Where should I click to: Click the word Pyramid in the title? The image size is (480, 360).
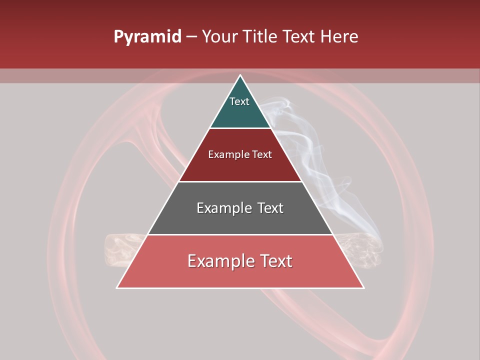pos(147,37)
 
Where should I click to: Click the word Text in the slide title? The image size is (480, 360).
pos(300,37)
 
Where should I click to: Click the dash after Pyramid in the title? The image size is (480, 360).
pos(191,37)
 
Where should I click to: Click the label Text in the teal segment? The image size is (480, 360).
pos(239,101)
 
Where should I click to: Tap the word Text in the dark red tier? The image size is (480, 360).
pos(262,154)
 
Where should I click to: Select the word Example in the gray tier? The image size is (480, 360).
pos(223,208)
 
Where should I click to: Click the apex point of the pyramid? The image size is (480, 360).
pos(240,75)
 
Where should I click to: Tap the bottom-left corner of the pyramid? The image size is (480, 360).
pos(117,288)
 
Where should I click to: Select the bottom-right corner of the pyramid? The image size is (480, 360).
pos(363,288)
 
